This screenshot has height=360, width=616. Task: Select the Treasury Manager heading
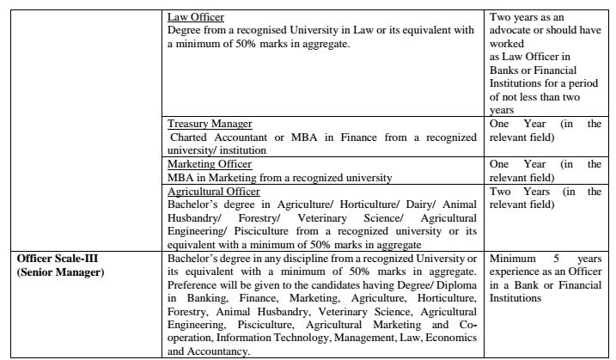[x=204, y=124]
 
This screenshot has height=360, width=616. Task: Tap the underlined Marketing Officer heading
[x=210, y=164]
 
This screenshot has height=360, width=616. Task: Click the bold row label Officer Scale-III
[x=52, y=259]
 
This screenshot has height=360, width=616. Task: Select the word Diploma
[x=456, y=286]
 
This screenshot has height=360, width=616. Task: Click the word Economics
[x=452, y=339]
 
